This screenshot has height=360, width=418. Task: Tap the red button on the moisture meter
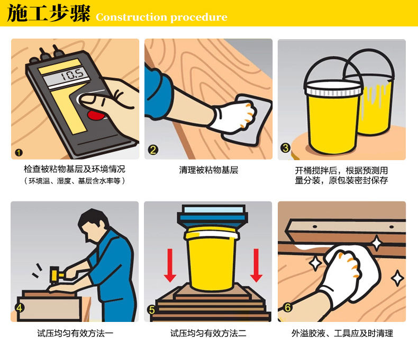pyautogui.click(x=95, y=115)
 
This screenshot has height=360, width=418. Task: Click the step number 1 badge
pyautogui.click(x=19, y=153)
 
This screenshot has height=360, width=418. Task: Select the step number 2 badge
pyautogui.click(x=153, y=150)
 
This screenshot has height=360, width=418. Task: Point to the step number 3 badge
pyautogui.click(x=286, y=148)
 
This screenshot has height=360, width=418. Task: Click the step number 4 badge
pyautogui.click(x=20, y=308)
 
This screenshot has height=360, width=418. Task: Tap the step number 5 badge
pyautogui.click(x=152, y=310)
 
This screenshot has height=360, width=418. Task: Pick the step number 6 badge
pyautogui.click(x=287, y=307)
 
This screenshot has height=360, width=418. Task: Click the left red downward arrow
pyautogui.click(x=170, y=265)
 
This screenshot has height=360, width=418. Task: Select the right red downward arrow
pyautogui.click(x=256, y=265)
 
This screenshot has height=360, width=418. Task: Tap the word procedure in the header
pyautogui.click(x=199, y=17)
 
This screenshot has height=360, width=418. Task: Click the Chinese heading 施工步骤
pyautogui.click(x=49, y=13)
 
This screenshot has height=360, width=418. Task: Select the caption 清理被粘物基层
pyautogui.click(x=208, y=170)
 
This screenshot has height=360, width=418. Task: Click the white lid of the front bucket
pyautogui.click(x=333, y=88)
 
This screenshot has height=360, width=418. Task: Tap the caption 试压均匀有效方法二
pyautogui.click(x=208, y=333)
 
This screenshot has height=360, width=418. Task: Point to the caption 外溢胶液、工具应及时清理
pyautogui.click(x=342, y=333)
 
